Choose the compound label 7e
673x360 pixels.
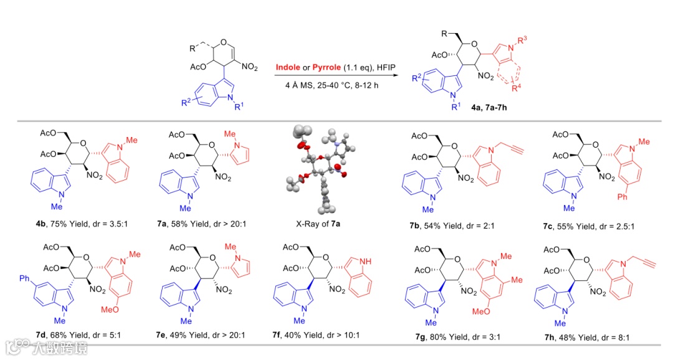click(x=161, y=335)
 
